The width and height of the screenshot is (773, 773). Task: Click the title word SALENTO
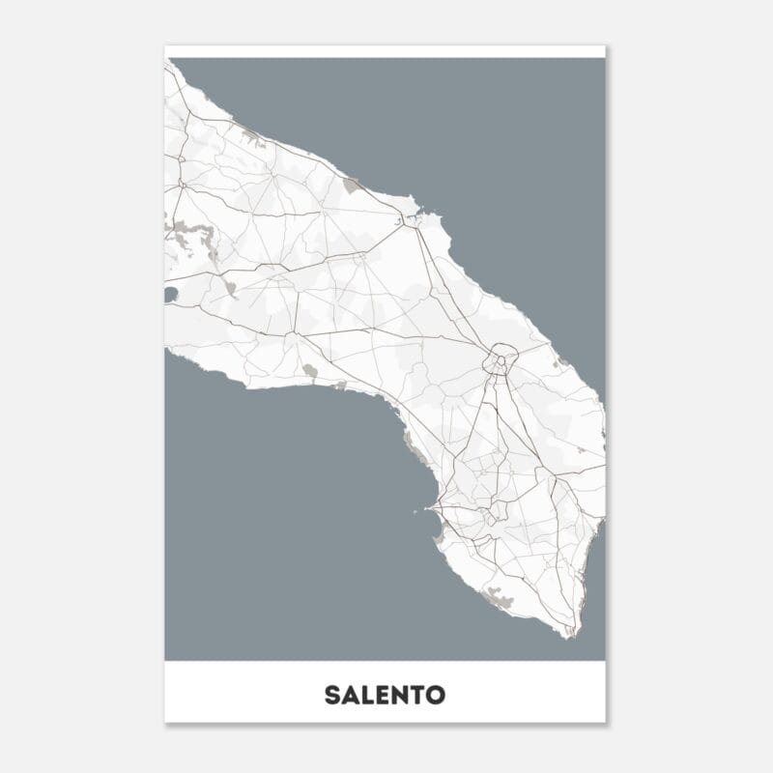(385, 695)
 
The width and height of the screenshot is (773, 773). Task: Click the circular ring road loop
(501, 358)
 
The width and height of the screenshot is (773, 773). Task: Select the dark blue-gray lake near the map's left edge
(171, 294)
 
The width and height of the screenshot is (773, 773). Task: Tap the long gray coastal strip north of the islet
(414, 446)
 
